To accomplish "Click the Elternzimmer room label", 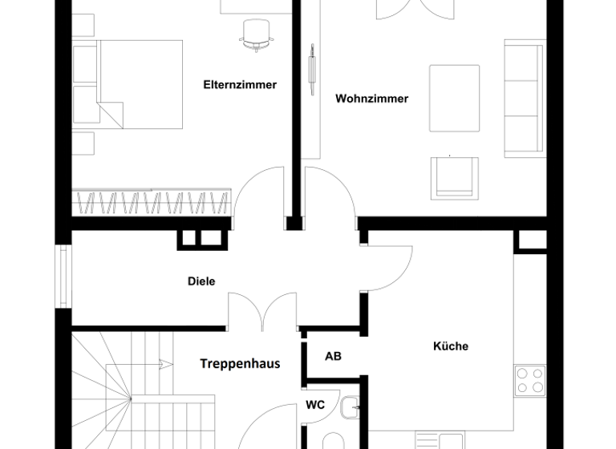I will [241, 84].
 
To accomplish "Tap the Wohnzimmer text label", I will [371, 99].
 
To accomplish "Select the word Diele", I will [201, 281].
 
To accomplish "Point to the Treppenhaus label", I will [240, 363].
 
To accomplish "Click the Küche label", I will [451, 346].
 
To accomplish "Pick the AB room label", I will [333, 355].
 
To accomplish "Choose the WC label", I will [316, 405].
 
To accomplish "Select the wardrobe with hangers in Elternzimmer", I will [152, 201].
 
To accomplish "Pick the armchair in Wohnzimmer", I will [453, 177].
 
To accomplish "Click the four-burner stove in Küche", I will [530, 380].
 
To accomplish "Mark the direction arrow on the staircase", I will [164, 363].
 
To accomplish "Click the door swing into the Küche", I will [389, 269].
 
